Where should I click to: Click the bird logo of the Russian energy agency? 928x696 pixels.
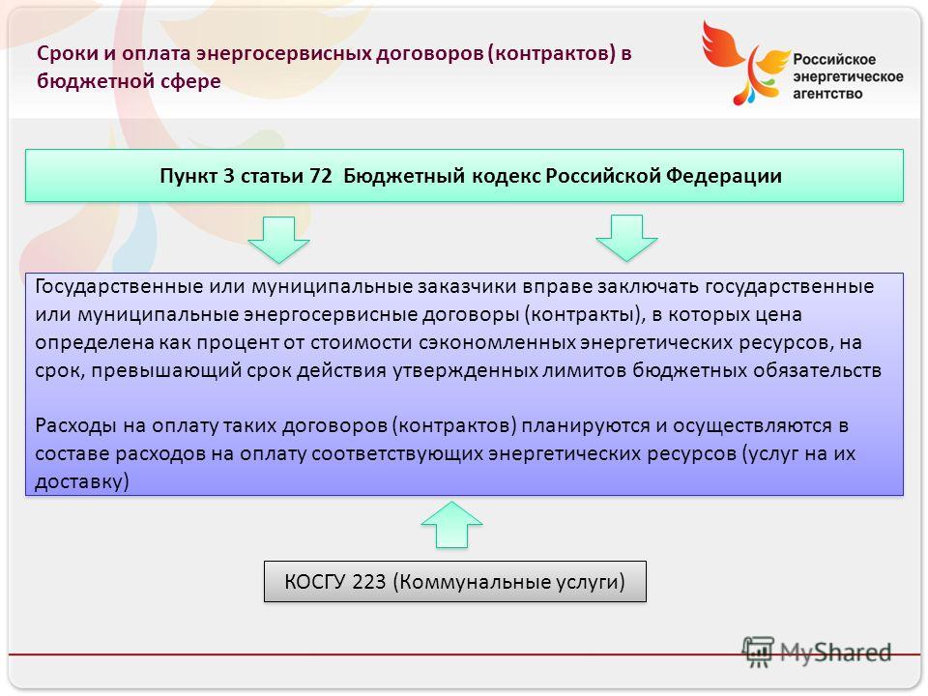[x=745, y=63]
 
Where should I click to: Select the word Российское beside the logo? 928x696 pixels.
[x=834, y=59]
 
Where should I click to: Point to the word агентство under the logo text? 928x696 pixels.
[x=827, y=94]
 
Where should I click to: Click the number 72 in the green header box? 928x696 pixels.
[x=321, y=176]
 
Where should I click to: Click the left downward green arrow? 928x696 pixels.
[x=278, y=239]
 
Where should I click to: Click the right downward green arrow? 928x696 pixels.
[x=626, y=238]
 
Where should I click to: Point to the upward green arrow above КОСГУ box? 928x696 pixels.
[x=451, y=524]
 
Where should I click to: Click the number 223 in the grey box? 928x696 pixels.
[x=368, y=582]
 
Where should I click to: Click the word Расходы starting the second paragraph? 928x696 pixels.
[x=75, y=425]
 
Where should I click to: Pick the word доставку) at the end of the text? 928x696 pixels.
[x=81, y=481]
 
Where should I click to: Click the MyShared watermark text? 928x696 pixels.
[x=835, y=652]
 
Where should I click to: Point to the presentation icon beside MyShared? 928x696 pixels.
[x=758, y=651]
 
